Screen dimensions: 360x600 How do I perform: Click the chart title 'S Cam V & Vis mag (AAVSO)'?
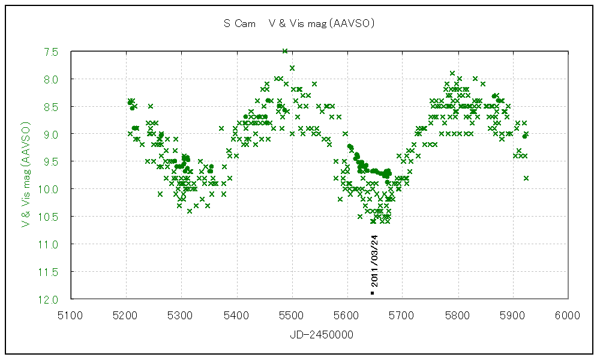(299, 24)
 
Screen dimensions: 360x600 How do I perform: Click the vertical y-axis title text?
(26, 176)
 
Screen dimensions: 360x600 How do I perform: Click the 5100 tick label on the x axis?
(71, 314)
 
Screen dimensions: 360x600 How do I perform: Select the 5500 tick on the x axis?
(292, 314)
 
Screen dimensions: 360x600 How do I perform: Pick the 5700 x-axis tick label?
(402, 314)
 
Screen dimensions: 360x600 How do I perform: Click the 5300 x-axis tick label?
(181, 314)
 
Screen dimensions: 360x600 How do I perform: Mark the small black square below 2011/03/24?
(373, 293)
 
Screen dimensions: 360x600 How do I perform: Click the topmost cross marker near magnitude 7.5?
(285, 51)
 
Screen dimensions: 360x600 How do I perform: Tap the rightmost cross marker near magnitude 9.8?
(526, 178)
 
